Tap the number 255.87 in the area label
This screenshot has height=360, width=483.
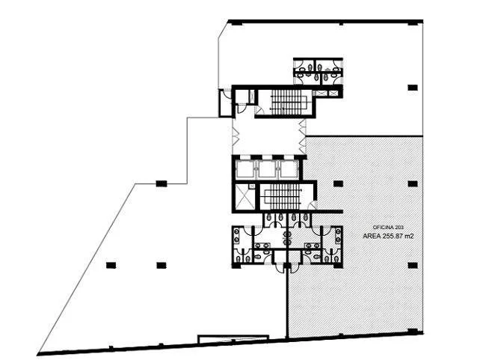pos(393,237)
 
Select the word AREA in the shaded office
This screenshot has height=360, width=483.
pos(372,237)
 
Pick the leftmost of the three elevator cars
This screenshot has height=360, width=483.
pos(244,169)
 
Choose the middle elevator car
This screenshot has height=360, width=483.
pos(267,169)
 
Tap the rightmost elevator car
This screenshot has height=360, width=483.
pos(289,169)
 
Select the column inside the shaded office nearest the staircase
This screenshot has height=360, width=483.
pos(338,183)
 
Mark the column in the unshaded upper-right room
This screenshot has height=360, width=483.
pos(413,88)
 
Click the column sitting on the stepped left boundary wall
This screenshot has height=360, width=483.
pos(161,183)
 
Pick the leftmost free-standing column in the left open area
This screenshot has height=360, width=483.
pos(111,265)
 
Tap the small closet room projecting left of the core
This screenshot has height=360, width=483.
pos(225,103)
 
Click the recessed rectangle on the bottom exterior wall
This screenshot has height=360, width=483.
pos(233,339)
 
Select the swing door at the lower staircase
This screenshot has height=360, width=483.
pos(313,205)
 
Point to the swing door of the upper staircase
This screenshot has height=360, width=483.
pos(259,110)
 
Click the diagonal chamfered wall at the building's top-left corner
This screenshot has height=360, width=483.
pos(224,30)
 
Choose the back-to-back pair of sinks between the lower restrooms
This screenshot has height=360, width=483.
pos(288,239)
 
